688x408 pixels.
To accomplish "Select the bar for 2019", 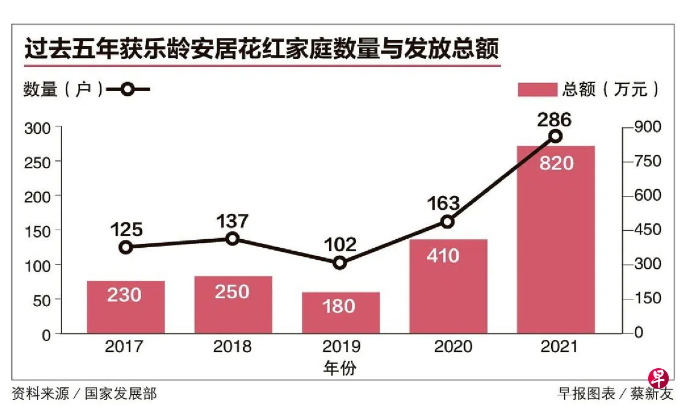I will pos(341,313).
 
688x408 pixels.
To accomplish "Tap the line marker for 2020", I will pos(447,222).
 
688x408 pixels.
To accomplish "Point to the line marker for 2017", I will pos(126,247).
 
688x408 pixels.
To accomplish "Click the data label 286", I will pos(554,119).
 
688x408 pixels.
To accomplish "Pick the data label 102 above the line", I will pos(339,245).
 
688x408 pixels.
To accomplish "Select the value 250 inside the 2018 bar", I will pos(232,292).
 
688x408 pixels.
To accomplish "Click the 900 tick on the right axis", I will pos(647,127).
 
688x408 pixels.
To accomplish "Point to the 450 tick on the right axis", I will pos(647,230).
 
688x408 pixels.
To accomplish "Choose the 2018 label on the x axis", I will pos(232,347).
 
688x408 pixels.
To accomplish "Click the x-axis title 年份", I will pos(339,368).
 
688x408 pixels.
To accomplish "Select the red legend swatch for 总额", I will pos(537,89).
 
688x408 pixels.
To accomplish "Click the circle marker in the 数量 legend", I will pos(127,90).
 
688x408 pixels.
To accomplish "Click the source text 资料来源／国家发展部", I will pos(84,394).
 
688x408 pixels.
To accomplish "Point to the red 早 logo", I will pos(658,378).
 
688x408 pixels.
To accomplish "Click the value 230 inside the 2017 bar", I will pos(124,295).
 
